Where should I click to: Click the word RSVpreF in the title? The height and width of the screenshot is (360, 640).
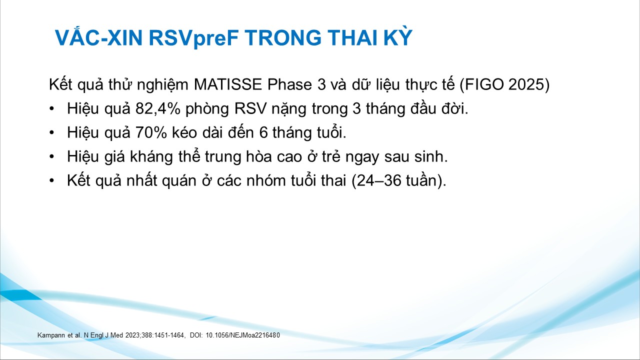193,38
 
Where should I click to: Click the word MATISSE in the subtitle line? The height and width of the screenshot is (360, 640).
227,84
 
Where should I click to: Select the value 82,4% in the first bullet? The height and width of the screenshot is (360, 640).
158,108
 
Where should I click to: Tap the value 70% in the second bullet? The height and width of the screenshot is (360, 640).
151,132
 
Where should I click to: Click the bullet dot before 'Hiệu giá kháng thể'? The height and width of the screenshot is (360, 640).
51,157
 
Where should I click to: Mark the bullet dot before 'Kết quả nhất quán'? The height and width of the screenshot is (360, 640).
51,181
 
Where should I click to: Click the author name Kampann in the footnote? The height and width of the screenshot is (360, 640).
51,335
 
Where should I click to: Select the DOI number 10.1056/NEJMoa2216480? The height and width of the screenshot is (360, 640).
242,335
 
